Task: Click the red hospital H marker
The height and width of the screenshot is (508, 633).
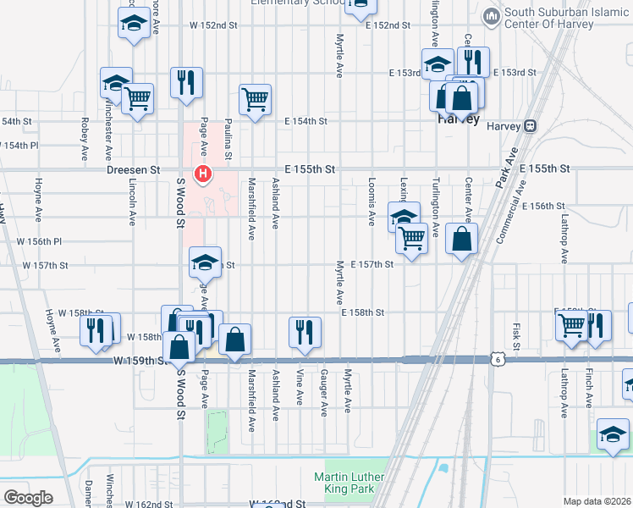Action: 203,175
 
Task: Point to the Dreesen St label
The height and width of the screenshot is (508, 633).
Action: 134,170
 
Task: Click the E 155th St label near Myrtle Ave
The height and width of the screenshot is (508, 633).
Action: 310,170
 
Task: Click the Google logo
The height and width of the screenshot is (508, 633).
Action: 28,497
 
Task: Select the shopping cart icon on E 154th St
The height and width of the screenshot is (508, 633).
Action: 255,100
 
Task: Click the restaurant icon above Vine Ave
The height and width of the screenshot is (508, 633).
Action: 304,331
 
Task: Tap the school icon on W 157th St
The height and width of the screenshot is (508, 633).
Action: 205,262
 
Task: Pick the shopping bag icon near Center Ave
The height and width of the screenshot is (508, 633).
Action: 461,239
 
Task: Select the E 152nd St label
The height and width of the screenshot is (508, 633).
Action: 388,26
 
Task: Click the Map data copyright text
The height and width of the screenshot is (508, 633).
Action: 596,501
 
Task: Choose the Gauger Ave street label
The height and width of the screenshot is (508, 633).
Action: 323,391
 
